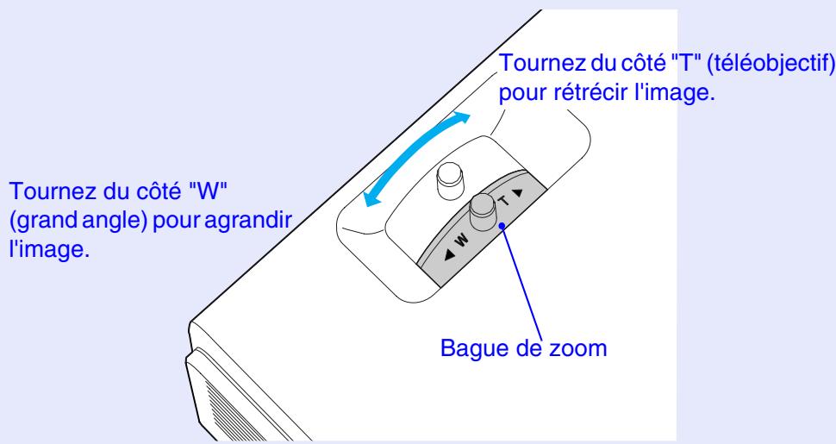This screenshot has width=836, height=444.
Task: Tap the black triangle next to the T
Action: pos(520,191)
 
